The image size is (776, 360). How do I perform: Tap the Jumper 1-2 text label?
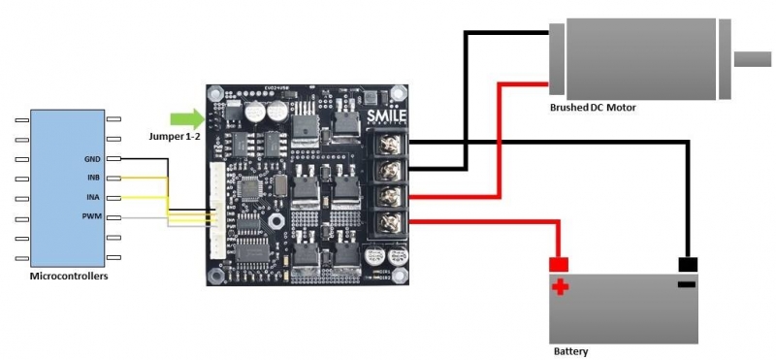174,139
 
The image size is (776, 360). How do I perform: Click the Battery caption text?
569,351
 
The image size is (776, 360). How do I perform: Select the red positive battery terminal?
559,264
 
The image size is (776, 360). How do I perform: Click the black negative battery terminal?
688,264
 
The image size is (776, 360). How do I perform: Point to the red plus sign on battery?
560,286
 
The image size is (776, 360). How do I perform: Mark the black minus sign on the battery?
687,284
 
